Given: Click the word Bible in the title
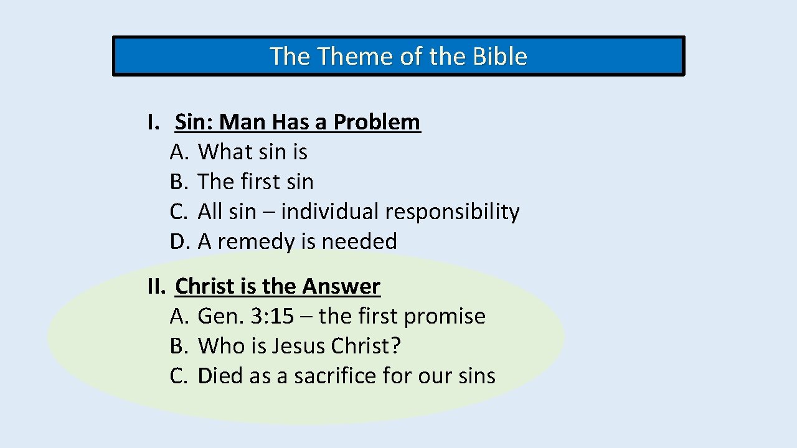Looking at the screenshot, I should point(500,57).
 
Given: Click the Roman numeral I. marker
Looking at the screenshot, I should point(153,122).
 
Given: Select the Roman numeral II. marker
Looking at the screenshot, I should point(156,286).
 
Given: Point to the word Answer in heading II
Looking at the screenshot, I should point(341,286).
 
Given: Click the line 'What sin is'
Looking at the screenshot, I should point(252,152).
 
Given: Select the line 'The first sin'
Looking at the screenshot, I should point(255,182).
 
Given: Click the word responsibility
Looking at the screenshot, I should point(452,212).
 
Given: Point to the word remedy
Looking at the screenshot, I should point(256,242).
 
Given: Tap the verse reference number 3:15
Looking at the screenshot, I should point(271,316).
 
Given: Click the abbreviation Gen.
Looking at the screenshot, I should point(220,316).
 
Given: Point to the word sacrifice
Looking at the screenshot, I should point(335,376).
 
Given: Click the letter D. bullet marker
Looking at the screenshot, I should point(179,241).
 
